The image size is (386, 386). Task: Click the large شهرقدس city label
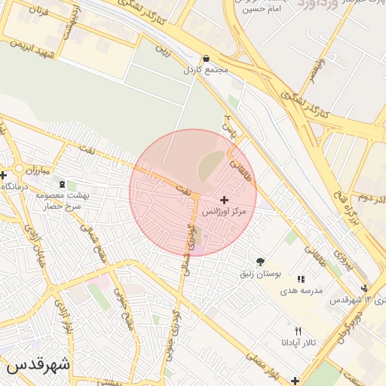pyautogui.click(x=38, y=364)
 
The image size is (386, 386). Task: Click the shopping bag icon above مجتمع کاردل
pyautogui.click(x=206, y=58)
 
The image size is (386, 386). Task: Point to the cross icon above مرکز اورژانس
pyautogui.click(x=224, y=200)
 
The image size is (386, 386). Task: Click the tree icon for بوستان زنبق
pyautogui.click(x=260, y=262)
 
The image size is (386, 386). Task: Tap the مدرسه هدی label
pyautogui.click(x=302, y=290)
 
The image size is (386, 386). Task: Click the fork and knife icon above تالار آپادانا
pyautogui.click(x=298, y=331)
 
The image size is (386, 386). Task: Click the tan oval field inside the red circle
pyautogui.click(x=212, y=167)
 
